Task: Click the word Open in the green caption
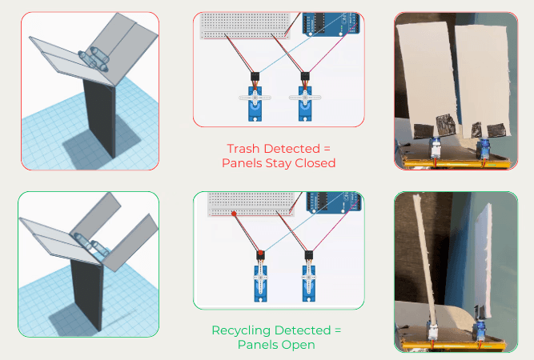[x=299, y=345]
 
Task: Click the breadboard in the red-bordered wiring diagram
[x=243, y=23]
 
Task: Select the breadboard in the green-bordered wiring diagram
[x=248, y=204]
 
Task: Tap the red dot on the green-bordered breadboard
[x=233, y=214]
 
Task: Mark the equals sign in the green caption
[x=337, y=330]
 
